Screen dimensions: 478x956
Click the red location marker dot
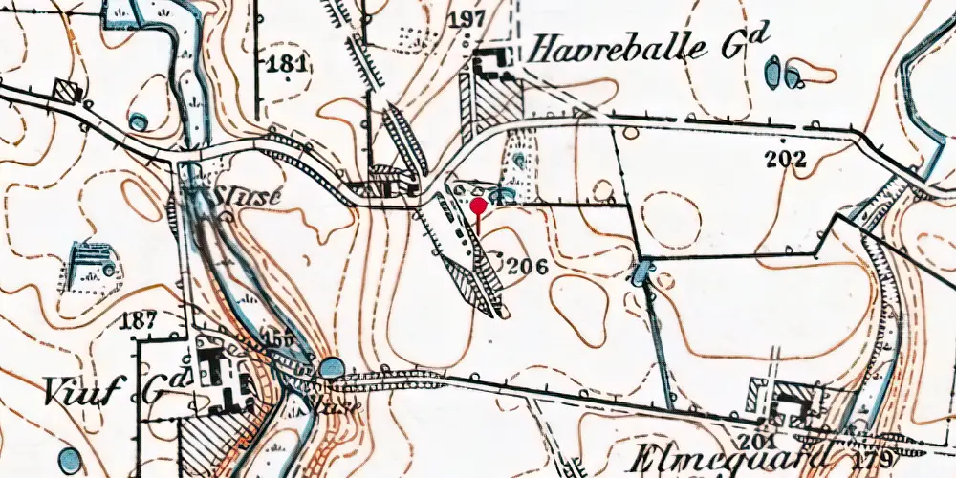click(x=479, y=205)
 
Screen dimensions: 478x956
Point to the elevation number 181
click(x=288, y=65)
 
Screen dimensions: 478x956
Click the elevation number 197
click(x=473, y=20)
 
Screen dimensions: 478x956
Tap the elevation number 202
click(x=788, y=160)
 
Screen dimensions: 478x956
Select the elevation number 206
click(x=527, y=267)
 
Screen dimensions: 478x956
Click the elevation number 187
click(x=139, y=320)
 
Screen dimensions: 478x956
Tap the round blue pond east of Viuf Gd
click(x=331, y=367)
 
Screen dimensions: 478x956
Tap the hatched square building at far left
click(x=66, y=91)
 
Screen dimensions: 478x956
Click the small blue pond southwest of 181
click(x=140, y=121)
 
